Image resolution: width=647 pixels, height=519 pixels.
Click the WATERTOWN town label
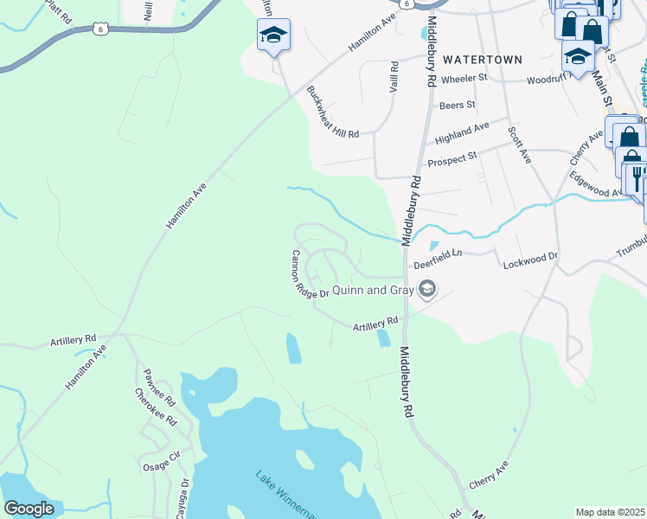(x=483, y=60)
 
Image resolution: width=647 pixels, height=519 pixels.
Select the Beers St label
(x=458, y=106)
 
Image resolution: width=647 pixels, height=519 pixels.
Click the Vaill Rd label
(x=394, y=77)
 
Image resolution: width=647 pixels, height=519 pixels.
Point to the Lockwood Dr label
(x=531, y=258)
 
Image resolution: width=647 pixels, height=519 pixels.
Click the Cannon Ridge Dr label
(x=310, y=274)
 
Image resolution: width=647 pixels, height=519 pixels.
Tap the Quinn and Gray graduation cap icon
(x=426, y=291)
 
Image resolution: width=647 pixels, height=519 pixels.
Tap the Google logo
(x=29, y=509)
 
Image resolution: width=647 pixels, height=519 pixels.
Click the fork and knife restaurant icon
(x=636, y=177)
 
